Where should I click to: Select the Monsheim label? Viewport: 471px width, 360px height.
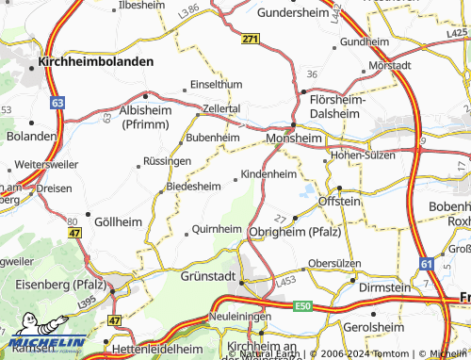click(x=295, y=137)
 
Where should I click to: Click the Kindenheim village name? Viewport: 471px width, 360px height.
click(x=268, y=174)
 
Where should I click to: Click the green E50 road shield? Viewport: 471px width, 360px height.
click(x=302, y=306)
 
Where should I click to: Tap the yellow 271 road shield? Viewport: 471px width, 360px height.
click(x=249, y=39)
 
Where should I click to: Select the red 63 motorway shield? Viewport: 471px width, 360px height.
click(x=58, y=100)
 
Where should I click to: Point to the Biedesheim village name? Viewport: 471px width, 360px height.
click(x=193, y=187)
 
